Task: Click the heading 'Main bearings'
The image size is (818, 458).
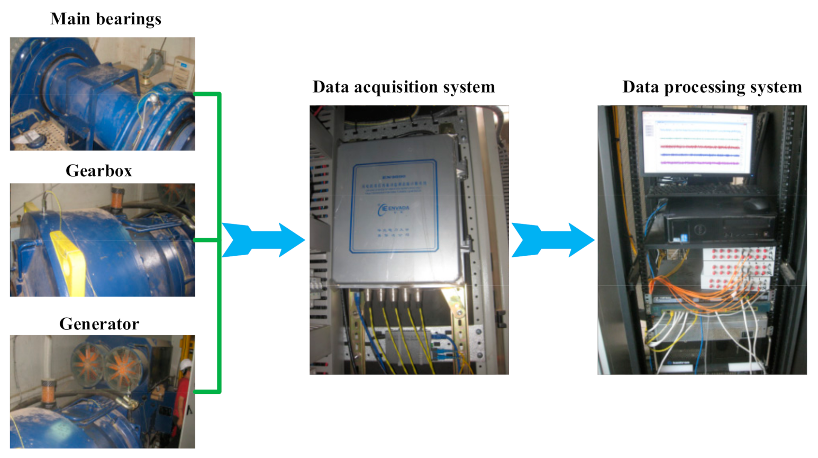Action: coord(106,19)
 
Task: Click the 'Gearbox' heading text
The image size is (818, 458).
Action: coord(99,170)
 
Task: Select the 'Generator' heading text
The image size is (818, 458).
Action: coord(99,324)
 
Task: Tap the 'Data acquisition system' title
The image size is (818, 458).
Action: coord(404,87)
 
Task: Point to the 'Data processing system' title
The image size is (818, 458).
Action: coord(712,87)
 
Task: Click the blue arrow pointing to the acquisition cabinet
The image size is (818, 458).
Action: coord(263,240)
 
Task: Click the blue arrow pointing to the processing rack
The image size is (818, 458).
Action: coord(552,240)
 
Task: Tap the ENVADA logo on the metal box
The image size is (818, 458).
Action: coord(394,209)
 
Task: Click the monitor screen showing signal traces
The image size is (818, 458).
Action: coord(697,142)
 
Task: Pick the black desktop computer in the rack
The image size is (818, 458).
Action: coord(720,227)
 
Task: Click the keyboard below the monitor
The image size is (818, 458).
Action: coord(704,188)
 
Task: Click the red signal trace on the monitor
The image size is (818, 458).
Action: coord(699,147)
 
